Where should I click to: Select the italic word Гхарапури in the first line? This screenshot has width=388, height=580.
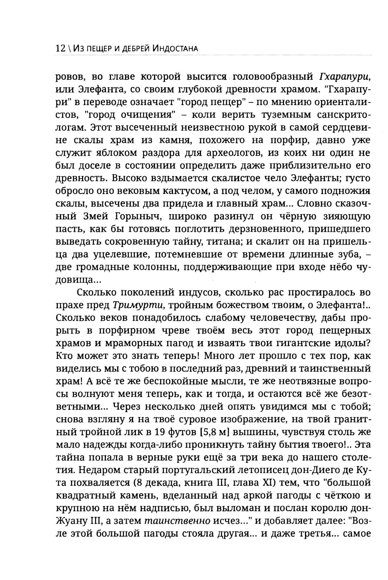click(346, 76)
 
